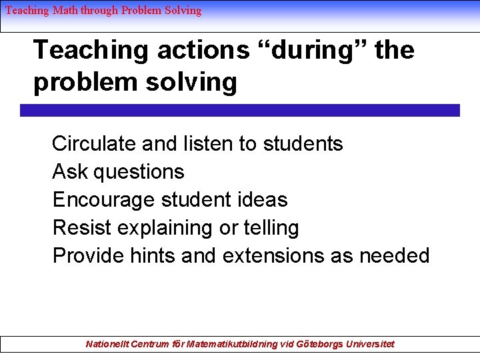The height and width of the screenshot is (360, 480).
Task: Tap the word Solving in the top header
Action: (181, 10)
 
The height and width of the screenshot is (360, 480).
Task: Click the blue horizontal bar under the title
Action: (240, 111)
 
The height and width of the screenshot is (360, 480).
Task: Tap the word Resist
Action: (82, 228)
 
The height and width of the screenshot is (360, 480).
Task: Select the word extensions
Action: (273, 256)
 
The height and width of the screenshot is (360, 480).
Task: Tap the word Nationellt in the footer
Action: (107, 344)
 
